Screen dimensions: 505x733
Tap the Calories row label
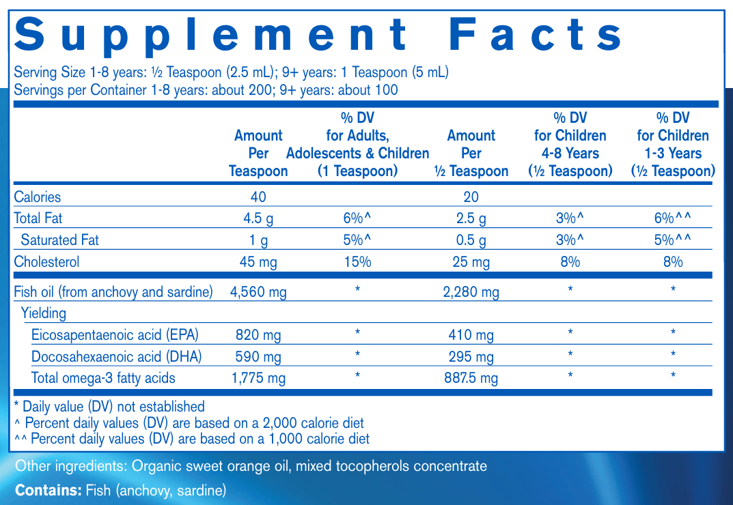click(x=38, y=197)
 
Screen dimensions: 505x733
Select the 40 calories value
click(x=258, y=197)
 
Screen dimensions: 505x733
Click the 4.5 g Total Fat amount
click(x=258, y=218)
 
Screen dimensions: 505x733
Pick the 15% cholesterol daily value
click(x=357, y=261)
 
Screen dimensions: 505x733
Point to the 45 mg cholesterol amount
click(x=258, y=261)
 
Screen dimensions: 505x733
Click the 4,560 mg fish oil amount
click(x=258, y=292)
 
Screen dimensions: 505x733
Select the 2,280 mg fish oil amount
click(x=471, y=292)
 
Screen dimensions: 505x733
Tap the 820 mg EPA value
click(x=258, y=335)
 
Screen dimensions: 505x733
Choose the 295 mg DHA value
click(x=471, y=356)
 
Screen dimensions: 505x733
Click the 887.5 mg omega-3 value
click(x=471, y=378)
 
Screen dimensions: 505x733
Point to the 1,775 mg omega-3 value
click(x=258, y=378)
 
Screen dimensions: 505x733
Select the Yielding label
click(x=44, y=313)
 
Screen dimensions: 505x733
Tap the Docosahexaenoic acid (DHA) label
click(x=117, y=356)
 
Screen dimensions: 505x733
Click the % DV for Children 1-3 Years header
click(x=673, y=145)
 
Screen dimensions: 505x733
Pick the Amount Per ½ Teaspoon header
click(x=471, y=153)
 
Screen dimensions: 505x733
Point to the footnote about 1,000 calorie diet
click(x=193, y=439)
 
